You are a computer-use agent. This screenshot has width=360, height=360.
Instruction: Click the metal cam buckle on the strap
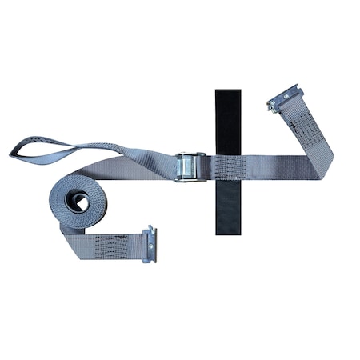point(190,167)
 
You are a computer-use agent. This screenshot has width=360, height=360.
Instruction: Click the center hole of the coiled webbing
point(80,202)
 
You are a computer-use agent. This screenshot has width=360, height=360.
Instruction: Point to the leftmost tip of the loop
point(12,150)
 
